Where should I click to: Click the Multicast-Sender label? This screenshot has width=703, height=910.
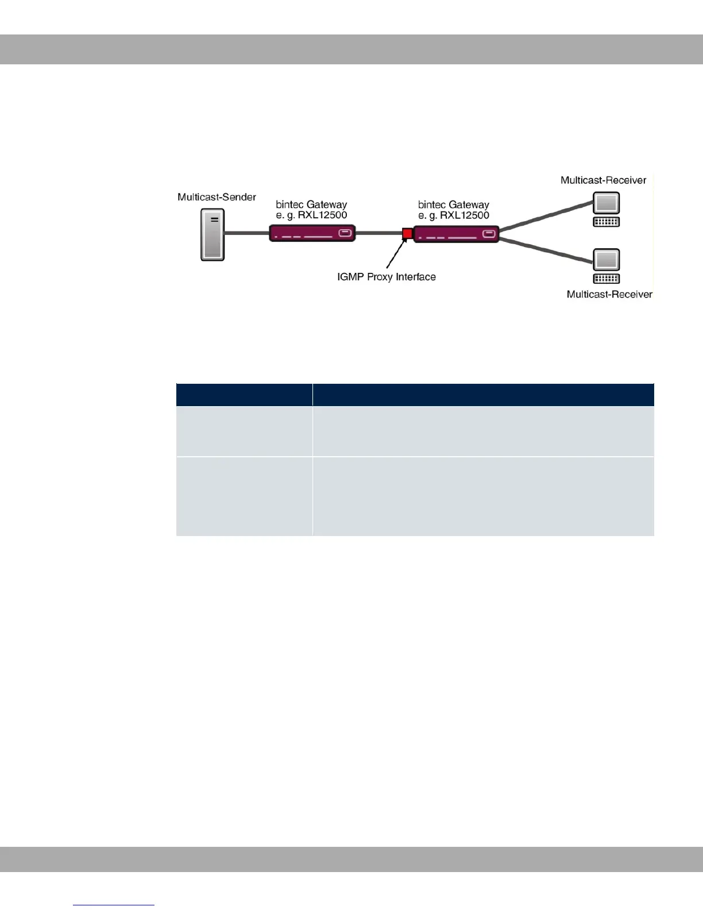217,197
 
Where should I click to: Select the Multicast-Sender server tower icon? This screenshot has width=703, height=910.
213,234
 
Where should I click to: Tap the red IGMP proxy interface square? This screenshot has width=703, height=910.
407,233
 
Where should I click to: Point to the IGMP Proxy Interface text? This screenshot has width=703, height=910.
386,277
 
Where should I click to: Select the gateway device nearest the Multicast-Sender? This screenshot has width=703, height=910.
312,233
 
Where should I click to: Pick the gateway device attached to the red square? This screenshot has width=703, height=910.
456,234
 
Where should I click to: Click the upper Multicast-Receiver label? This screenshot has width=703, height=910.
603,180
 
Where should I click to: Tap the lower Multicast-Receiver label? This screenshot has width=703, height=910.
609,294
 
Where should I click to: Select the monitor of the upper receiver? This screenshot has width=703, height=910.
607,203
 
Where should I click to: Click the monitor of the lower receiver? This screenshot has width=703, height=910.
607,260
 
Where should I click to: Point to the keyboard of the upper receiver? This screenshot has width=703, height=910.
607,222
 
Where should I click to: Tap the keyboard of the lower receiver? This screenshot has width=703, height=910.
607,279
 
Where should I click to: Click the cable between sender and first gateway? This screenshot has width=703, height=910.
246,233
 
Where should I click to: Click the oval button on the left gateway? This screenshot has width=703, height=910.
345,233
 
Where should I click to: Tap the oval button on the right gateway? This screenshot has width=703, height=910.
489,234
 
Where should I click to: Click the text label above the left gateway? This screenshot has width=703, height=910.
311,210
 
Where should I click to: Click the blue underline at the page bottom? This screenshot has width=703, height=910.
114,905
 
